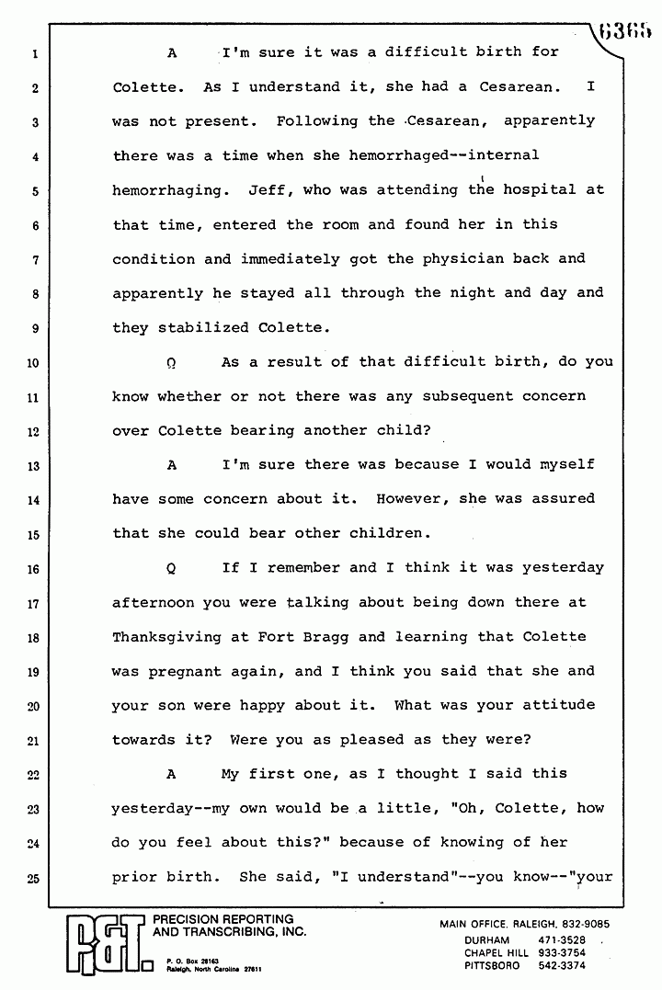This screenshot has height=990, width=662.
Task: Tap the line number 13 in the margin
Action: (x=32, y=466)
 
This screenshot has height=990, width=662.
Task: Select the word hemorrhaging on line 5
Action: (x=166, y=190)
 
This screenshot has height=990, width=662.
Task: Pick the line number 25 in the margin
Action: (x=32, y=878)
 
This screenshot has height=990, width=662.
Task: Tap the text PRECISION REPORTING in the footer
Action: (x=222, y=919)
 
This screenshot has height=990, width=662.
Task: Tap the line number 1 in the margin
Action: (x=33, y=53)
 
